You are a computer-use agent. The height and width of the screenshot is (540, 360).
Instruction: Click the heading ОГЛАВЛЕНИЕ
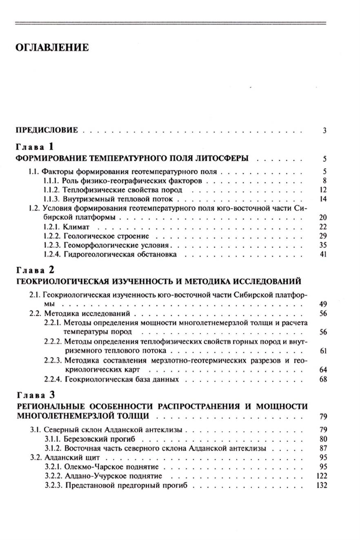click(x=52, y=48)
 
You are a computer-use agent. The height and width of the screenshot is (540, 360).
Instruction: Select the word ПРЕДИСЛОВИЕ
click(x=47, y=131)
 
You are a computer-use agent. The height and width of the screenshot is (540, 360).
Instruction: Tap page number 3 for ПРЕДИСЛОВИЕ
click(x=324, y=131)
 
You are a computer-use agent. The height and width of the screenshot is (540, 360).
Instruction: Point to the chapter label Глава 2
click(x=35, y=269)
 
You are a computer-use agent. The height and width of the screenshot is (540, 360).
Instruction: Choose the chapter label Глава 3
click(x=35, y=395)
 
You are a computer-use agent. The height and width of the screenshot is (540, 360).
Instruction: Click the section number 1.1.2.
click(x=52, y=190)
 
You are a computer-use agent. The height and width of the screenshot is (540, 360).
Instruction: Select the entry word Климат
click(x=77, y=227)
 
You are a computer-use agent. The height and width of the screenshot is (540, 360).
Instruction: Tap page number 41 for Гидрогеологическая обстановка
click(x=323, y=255)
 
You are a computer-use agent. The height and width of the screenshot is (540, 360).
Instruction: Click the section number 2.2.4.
click(x=53, y=380)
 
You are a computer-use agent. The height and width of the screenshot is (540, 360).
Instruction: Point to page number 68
click(x=323, y=380)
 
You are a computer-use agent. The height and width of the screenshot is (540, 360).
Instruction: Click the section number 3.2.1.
click(x=53, y=467)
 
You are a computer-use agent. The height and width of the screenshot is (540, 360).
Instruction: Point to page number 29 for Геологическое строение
click(x=323, y=236)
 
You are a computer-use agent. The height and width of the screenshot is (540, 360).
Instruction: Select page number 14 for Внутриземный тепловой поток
click(x=323, y=199)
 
